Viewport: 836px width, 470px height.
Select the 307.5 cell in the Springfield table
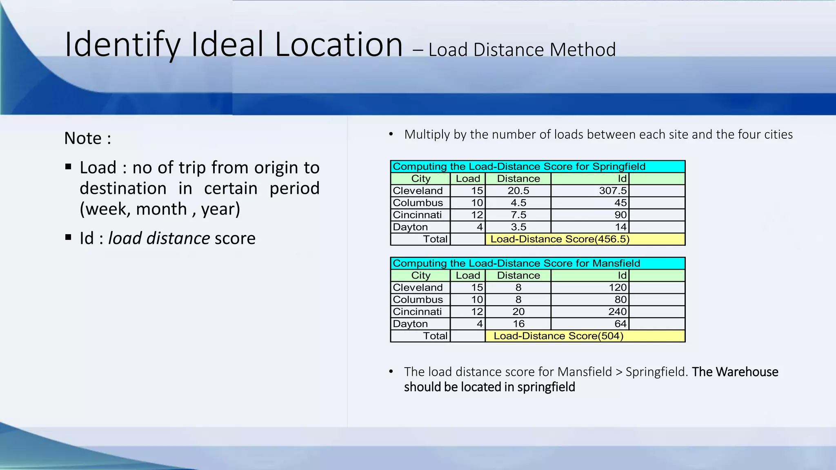click(612, 191)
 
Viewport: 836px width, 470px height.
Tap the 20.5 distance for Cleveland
click(518, 191)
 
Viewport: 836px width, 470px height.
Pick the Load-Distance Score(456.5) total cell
click(560, 239)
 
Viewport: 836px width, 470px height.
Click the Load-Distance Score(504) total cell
click(558, 336)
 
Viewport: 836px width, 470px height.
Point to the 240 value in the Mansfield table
click(617, 312)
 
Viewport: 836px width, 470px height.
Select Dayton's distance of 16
click(518, 324)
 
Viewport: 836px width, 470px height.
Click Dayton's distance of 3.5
click(518, 227)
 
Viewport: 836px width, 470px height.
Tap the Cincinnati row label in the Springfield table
click(417, 215)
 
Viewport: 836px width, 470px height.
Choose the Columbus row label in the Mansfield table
click(418, 299)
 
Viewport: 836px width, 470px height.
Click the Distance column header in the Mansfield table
click(518, 275)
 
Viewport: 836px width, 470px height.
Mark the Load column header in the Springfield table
click(468, 179)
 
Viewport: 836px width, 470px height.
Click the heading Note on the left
click(83, 138)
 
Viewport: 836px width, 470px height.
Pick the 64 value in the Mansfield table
click(620, 324)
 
